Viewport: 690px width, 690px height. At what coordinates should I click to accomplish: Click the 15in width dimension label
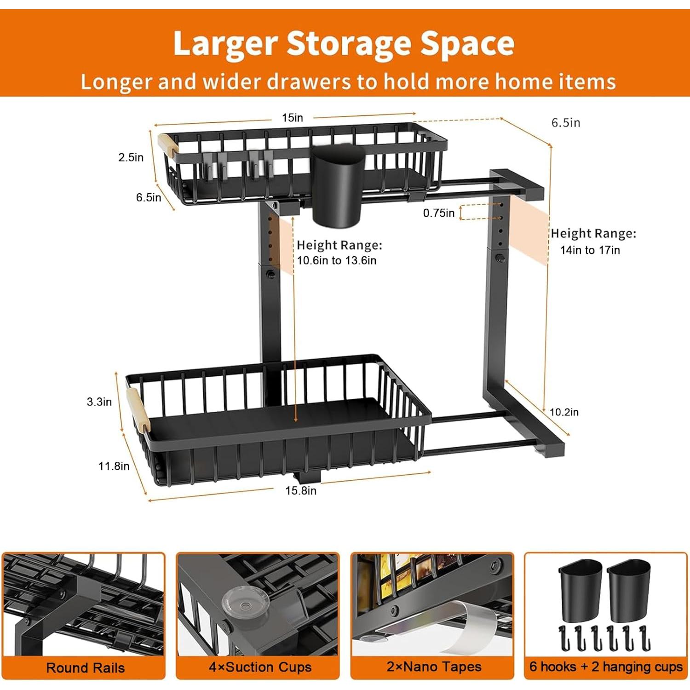pyautogui.click(x=293, y=118)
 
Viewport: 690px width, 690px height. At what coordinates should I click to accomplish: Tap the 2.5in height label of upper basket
pyautogui.click(x=131, y=157)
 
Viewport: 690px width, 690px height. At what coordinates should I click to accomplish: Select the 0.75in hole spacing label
pyautogui.click(x=438, y=213)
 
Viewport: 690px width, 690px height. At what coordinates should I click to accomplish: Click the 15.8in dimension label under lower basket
pyautogui.click(x=301, y=491)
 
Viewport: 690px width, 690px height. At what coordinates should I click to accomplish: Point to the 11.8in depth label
pyautogui.click(x=114, y=466)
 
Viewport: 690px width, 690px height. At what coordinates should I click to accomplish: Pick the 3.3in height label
pyautogui.click(x=99, y=402)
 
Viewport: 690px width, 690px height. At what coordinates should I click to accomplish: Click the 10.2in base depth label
pyautogui.click(x=564, y=412)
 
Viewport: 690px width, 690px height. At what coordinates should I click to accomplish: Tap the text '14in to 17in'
pyautogui.click(x=590, y=250)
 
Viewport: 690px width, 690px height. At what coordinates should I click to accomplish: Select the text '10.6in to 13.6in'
pyautogui.click(x=336, y=260)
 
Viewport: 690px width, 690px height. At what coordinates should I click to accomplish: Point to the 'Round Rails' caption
pyautogui.click(x=86, y=668)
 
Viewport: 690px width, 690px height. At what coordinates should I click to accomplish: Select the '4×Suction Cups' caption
pyautogui.click(x=260, y=667)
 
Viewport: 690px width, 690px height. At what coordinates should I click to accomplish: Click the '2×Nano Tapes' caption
pyautogui.click(x=434, y=667)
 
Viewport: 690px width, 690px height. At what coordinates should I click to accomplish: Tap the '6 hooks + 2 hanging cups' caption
pyautogui.click(x=606, y=667)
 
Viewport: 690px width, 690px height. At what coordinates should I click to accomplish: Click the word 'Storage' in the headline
pyautogui.click(x=350, y=44)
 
